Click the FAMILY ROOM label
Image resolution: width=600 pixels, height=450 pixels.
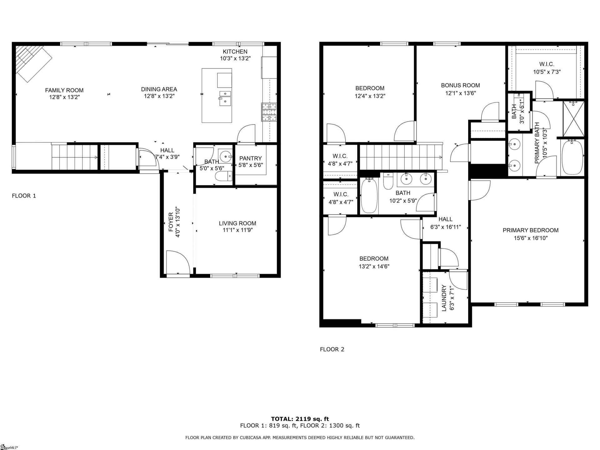64,90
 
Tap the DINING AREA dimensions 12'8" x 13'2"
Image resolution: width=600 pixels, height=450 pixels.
159,96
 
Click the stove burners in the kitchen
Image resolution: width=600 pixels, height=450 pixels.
269,112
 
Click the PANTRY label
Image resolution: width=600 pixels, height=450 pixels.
250,158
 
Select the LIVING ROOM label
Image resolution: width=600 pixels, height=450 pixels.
237,223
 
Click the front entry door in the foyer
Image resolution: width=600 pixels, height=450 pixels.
177,263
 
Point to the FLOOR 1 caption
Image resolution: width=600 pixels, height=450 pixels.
24,196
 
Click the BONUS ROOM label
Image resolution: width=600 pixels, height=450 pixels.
460,85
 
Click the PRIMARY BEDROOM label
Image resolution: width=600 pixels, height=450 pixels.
530,230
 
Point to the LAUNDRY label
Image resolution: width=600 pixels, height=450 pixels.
444,298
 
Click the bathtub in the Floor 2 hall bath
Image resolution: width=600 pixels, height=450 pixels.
369,196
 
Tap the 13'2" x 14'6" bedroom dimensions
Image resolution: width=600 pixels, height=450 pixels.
374,267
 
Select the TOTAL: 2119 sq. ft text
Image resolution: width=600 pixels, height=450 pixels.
300,419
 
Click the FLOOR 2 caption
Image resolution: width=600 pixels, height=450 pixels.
332,349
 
